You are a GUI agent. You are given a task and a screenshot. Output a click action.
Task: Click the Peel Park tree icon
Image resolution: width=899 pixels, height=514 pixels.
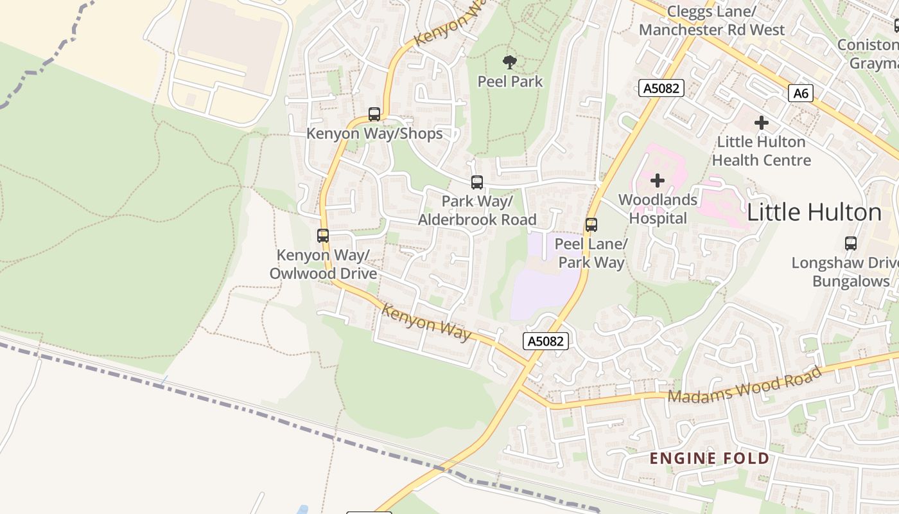(510, 62)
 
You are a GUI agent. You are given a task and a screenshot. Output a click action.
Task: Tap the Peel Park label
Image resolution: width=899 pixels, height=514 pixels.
(510, 82)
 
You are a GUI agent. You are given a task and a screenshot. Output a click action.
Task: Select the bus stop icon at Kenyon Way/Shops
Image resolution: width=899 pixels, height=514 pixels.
(374, 114)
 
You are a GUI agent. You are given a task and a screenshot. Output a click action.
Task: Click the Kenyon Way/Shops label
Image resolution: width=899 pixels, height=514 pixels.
(374, 134)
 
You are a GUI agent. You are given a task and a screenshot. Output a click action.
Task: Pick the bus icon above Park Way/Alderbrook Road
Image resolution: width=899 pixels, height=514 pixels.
(476, 182)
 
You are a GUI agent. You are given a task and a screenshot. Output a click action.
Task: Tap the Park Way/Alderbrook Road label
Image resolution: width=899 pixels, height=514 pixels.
(476, 211)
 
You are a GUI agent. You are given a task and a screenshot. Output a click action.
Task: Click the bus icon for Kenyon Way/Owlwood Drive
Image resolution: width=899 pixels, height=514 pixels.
(323, 235)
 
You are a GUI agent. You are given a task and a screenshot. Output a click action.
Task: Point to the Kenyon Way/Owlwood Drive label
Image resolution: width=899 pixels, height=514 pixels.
(323, 264)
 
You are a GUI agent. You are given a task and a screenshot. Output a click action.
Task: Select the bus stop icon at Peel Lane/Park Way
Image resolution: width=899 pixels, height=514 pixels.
(591, 224)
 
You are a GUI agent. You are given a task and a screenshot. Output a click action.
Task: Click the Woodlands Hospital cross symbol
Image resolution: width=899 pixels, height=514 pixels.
(658, 181)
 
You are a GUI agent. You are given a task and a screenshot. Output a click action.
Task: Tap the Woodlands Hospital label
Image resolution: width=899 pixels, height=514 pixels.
(658, 209)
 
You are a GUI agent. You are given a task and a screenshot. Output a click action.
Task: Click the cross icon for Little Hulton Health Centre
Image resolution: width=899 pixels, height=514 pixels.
(762, 122)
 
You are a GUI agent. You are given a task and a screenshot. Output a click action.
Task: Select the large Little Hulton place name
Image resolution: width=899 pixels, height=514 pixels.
(814, 213)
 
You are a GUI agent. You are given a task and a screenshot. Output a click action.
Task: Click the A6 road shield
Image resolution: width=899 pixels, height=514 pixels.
(801, 93)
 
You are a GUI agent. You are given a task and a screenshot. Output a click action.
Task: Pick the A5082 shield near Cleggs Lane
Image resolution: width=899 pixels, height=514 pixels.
(661, 88)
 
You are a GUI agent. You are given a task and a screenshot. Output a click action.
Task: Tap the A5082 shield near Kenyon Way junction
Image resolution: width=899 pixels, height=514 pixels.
(546, 341)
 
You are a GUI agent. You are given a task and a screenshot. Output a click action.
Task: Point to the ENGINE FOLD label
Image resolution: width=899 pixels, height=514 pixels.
(709, 458)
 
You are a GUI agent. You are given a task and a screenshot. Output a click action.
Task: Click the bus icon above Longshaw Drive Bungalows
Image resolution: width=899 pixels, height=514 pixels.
(851, 243)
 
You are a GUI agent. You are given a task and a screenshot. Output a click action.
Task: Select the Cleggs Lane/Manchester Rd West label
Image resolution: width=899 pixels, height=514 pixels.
(711, 21)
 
